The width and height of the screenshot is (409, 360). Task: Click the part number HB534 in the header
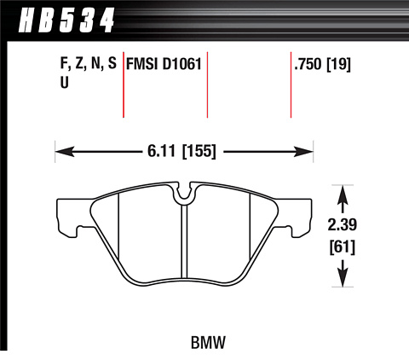coord(66,20)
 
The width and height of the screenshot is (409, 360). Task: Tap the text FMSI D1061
coord(164,64)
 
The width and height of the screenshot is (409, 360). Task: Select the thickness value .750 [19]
coord(323,64)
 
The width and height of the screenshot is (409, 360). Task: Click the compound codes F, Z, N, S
coord(89,64)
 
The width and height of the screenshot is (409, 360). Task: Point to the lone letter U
coord(65,83)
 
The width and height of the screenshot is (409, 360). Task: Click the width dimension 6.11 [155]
coord(181,151)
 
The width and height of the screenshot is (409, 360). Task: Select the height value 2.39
coord(343,225)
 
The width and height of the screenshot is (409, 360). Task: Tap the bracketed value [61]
coord(343,247)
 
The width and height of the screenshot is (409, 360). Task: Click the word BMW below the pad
coord(208,342)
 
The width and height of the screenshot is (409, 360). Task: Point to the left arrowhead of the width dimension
coord(65,152)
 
